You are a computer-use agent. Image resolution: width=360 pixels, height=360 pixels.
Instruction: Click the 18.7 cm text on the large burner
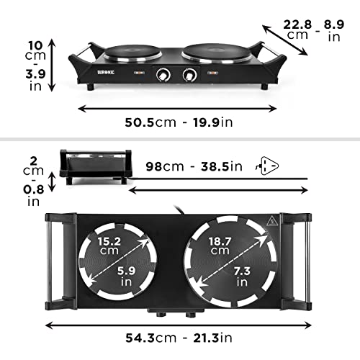[x=218, y=246]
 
